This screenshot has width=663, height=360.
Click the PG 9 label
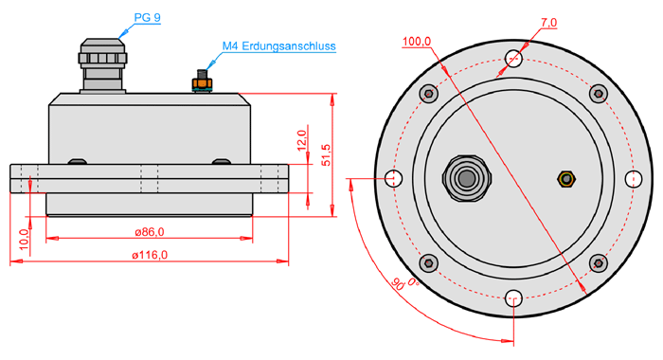click(147, 18)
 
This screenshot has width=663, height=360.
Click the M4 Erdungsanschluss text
click(279, 46)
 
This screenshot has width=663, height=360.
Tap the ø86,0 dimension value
click(150, 232)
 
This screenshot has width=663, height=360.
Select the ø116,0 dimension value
click(150, 255)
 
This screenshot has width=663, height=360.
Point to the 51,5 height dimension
click(326, 154)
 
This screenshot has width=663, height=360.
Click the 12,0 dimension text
click(301, 140)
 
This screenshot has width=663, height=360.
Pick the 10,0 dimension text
click(24, 239)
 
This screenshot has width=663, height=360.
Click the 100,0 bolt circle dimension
click(417, 42)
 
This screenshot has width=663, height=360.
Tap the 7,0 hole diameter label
click(548, 23)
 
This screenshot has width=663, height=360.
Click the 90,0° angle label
click(404, 283)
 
